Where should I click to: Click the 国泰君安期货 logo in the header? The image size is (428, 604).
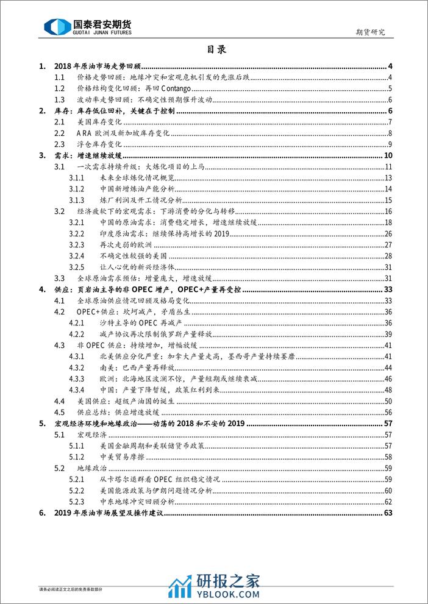[x=89, y=26]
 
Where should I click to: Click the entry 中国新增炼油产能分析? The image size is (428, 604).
[x=137, y=189]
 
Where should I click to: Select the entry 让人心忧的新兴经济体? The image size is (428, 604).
[x=132, y=267]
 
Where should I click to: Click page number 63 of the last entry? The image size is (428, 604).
[x=388, y=513]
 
